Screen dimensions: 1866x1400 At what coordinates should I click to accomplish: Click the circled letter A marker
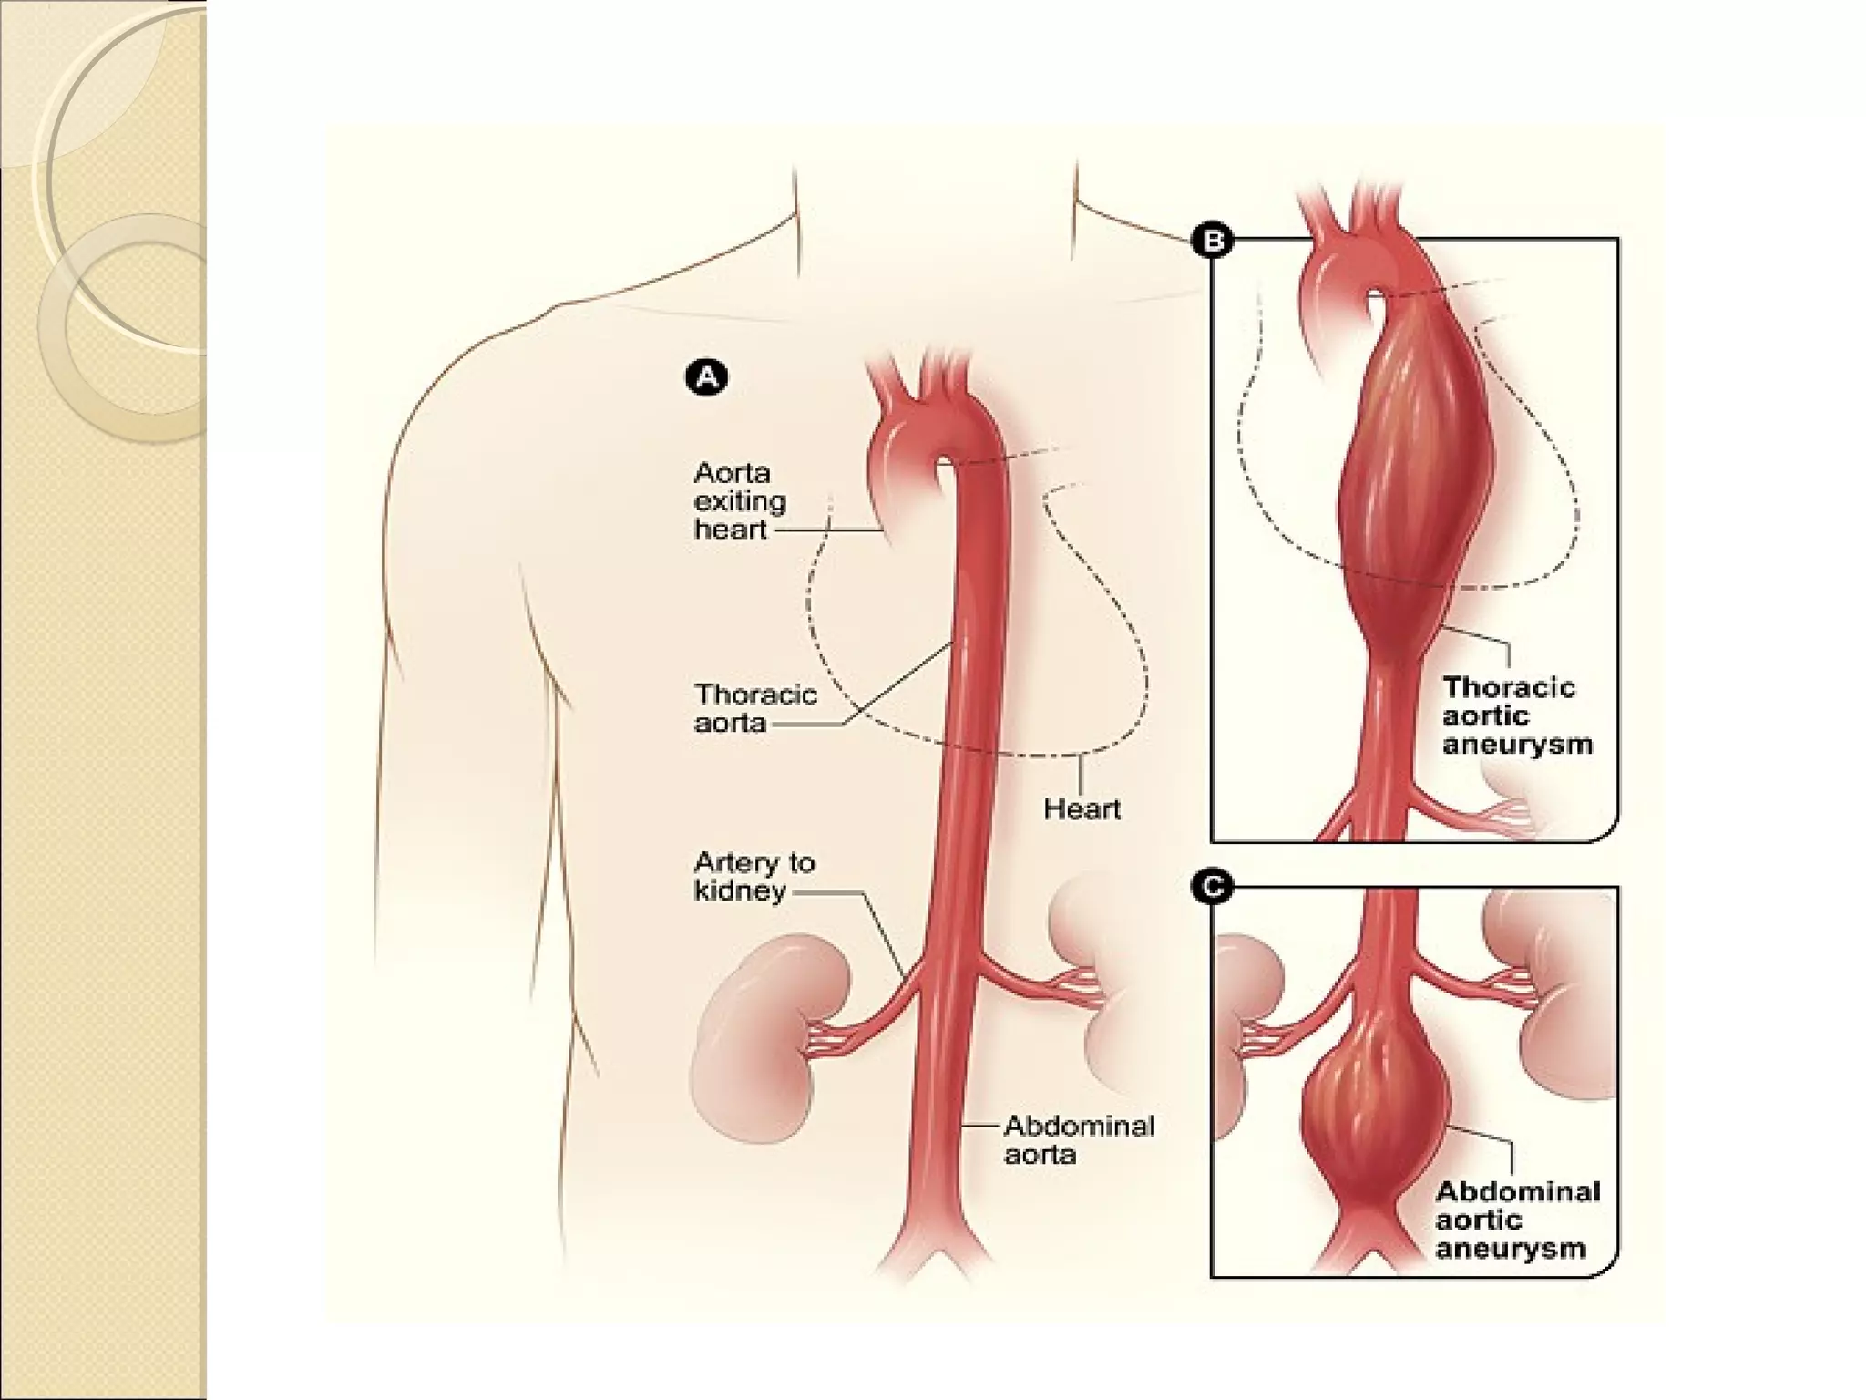[706, 377]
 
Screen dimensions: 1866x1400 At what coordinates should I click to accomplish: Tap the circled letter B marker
[1213, 241]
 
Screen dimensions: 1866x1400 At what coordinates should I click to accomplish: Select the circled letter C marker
[1213, 887]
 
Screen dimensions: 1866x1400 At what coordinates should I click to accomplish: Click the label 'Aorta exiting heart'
[739, 501]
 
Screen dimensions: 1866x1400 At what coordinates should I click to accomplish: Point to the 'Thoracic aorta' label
[755, 708]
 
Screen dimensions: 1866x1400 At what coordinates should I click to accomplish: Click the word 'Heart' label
[1082, 808]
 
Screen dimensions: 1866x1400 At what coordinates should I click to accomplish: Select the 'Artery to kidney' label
[754, 876]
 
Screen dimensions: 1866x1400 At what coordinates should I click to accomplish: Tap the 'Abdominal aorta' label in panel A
[1079, 1140]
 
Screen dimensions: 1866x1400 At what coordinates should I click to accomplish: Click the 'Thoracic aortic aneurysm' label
[1517, 715]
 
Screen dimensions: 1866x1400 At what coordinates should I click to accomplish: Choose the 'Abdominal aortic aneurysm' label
[1517, 1220]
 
